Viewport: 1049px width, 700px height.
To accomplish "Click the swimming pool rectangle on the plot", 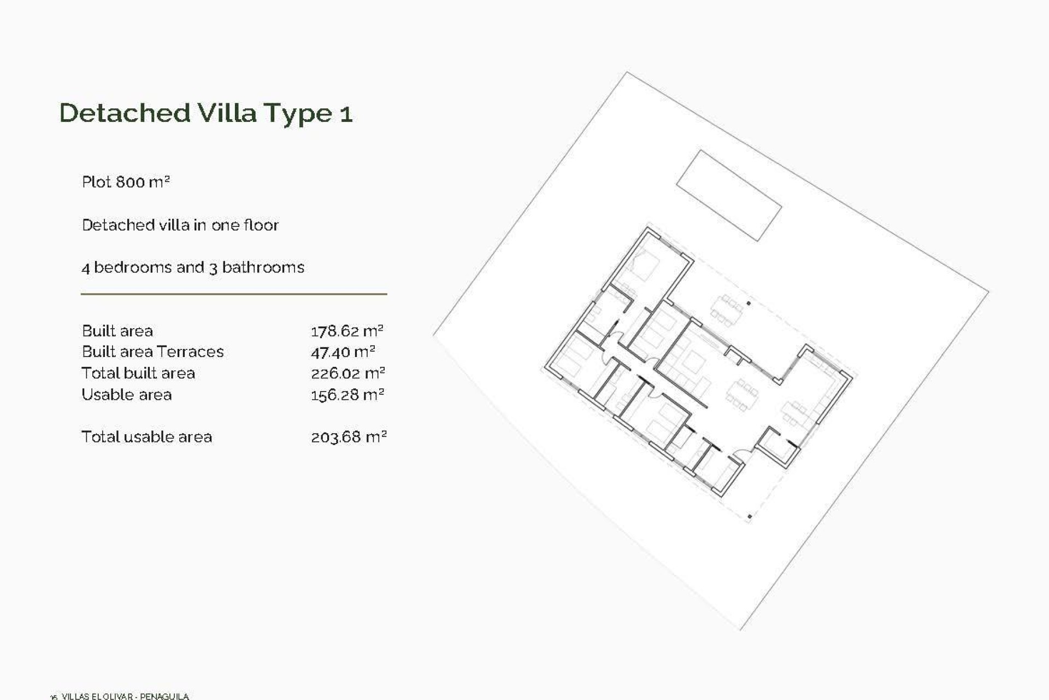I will click(x=729, y=195).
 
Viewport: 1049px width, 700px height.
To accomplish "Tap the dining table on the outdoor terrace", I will click(x=727, y=311).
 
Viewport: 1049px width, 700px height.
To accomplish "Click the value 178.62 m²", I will click(x=347, y=331).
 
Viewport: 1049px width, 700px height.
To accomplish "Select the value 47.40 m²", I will click(x=343, y=352).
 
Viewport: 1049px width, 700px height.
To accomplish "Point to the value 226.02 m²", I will click(x=348, y=374).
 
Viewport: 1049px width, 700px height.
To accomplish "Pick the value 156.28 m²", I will click(x=347, y=395).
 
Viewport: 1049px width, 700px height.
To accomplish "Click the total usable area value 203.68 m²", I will click(x=349, y=437).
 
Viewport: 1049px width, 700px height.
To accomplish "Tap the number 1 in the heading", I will click(x=346, y=114).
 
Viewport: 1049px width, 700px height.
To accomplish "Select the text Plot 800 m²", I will click(x=126, y=182).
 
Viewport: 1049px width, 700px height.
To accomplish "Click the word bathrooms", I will click(x=263, y=267).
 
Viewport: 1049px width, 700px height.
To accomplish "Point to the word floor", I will click(x=261, y=225).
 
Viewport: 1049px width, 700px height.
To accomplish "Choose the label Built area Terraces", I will click(x=152, y=352).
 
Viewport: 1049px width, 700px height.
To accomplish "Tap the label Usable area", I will click(x=126, y=394).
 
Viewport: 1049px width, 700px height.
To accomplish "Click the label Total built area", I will click(x=138, y=373).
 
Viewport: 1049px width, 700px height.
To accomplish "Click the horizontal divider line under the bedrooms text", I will click(x=234, y=294).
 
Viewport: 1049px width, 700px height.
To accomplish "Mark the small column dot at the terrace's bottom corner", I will click(x=750, y=516).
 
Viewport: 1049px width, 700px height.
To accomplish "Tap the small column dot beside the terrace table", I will click(x=749, y=303).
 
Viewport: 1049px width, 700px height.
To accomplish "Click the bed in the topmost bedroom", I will click(x=645, y=266).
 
